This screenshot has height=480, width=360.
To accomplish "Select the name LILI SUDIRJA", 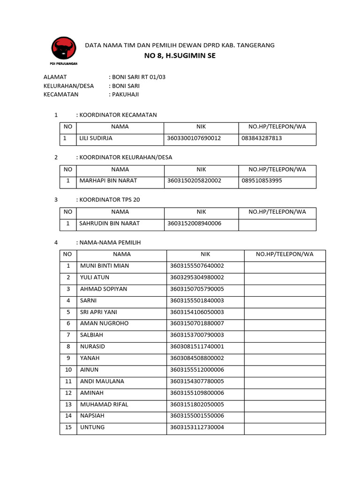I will click(x=96, y=138).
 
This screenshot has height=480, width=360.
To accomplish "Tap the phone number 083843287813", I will click(x=262, y=138).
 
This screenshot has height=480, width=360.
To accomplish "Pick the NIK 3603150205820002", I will click(x=194, y=180).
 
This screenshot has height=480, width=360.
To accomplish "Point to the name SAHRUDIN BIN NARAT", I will click(x=109, y=223).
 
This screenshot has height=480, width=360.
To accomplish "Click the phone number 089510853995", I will click(x=262, y=180).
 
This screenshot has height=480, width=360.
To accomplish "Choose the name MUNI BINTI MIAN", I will click(x=105, y=266).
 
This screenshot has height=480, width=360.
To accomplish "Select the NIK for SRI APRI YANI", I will click(x=197, y=312).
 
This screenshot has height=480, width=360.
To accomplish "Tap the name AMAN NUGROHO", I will click(x=104, y=323).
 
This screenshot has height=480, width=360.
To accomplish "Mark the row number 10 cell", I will click(x=68, y=369).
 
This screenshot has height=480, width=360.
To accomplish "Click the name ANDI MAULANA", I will click(x=102, y=381).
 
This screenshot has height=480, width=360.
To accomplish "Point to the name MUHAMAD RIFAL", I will click(x=104, y=404).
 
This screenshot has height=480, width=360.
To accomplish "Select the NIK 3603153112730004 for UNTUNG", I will click(x=197, y=427).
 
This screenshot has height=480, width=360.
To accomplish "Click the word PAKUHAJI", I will click(x=125, y=94).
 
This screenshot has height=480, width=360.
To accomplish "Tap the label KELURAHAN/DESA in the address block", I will click(x=68, y=86).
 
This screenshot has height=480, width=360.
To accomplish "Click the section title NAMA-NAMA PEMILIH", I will click(x=110, y=242).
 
